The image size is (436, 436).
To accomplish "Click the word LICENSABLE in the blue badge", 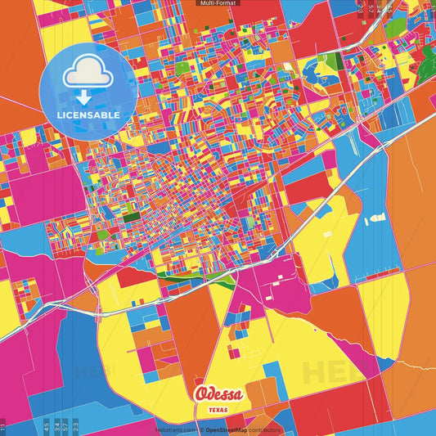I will click(88, 115).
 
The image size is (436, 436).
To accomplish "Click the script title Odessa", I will click(218, 393).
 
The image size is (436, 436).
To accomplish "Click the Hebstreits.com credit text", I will click(174, 429).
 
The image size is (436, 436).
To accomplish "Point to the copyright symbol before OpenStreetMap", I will click(201, 429).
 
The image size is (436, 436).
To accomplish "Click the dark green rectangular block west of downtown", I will click(130, 218).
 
